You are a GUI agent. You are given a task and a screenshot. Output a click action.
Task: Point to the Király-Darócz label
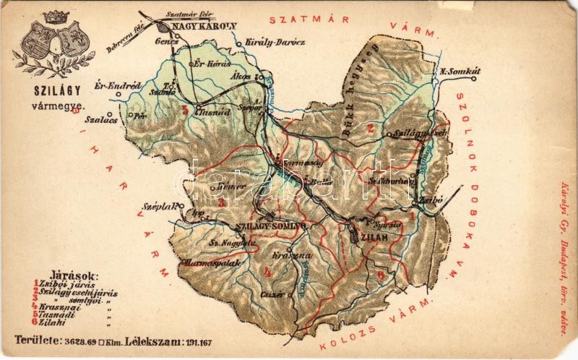coord(275,42)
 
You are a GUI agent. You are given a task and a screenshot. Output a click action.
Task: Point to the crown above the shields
coord(53,16)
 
